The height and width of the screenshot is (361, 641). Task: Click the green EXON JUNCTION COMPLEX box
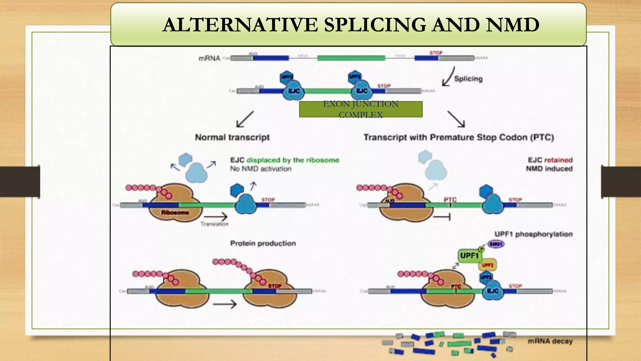[361, 109]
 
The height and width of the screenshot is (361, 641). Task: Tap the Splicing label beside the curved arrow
[468, 79]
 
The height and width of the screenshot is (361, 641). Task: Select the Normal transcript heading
[232, 137]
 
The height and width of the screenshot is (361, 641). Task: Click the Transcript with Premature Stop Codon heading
[459, 137]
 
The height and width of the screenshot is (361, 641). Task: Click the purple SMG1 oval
[496, 244]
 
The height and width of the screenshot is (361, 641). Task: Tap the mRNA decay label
[550, 341]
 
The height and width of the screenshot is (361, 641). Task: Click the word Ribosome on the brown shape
[175, 212]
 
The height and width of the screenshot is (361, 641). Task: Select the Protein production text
[263, 243]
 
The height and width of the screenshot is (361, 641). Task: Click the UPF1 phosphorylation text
[533, 234]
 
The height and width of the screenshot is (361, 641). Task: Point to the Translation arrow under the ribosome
[216, 217]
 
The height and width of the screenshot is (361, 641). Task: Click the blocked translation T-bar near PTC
[442, 217]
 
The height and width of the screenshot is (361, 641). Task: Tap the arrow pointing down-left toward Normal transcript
[245, 119]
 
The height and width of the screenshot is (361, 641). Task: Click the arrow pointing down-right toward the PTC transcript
[456, 119]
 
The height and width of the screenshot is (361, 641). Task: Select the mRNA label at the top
[209, 58]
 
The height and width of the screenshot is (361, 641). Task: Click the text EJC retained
[550, 160]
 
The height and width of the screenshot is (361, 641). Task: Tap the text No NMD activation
[261, 169]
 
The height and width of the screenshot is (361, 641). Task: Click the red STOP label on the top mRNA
[436, 53]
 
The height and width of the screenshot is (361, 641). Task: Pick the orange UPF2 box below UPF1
[487, 265]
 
